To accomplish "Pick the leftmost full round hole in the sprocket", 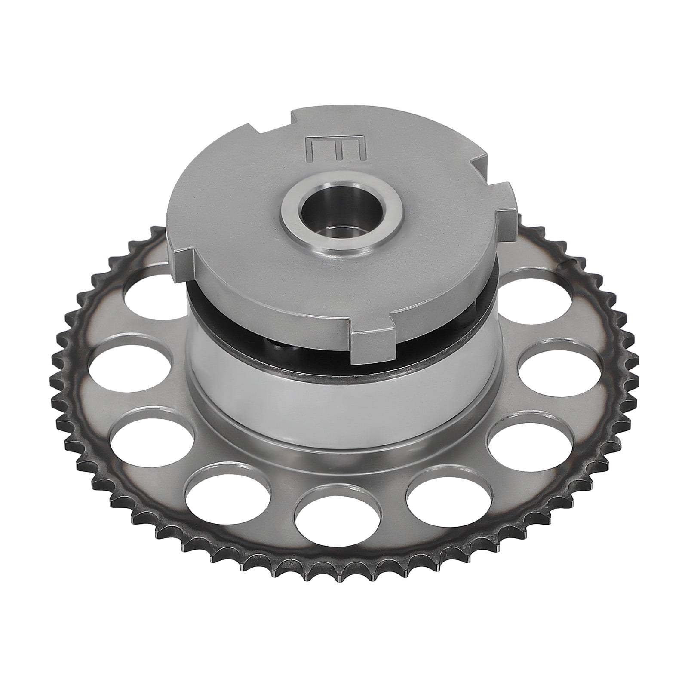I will click(129, 359).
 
